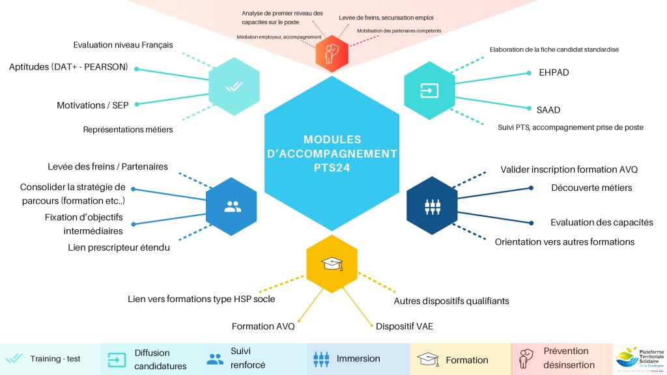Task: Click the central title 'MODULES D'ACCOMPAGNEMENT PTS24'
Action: [x=332, y=154]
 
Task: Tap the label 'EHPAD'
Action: [x=554, y=72]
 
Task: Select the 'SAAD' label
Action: [x=549, y=110]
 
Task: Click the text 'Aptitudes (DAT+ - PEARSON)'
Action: [x=68, y=67]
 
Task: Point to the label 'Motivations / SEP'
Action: [x=92, y=105]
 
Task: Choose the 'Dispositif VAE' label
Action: [x=404, y=326]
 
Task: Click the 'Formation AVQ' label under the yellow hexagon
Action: [x=263, y=326]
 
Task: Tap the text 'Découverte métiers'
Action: [x=591, y=188]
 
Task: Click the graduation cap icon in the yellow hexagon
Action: [x=332, y=264]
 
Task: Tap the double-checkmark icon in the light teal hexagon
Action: [x=234, y=86]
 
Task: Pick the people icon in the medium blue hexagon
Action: [x=233, y=207]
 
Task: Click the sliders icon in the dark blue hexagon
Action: [x=432, y=207]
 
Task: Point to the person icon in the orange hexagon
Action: [x=332, y=53]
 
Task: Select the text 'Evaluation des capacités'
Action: [x=601, y=222]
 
